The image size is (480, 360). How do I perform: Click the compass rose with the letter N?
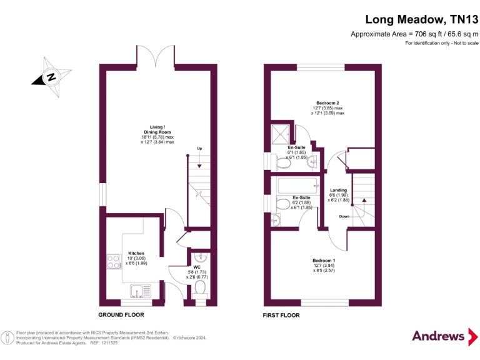[51, 77]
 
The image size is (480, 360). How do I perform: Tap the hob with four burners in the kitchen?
[114, 261]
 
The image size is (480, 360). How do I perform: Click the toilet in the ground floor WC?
[200, 288]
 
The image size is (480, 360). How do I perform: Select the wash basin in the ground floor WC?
[199, 256]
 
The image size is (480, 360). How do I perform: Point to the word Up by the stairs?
[199, 148]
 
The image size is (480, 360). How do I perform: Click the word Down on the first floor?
[344, 216]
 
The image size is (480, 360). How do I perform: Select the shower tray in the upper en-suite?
[281, 132]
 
